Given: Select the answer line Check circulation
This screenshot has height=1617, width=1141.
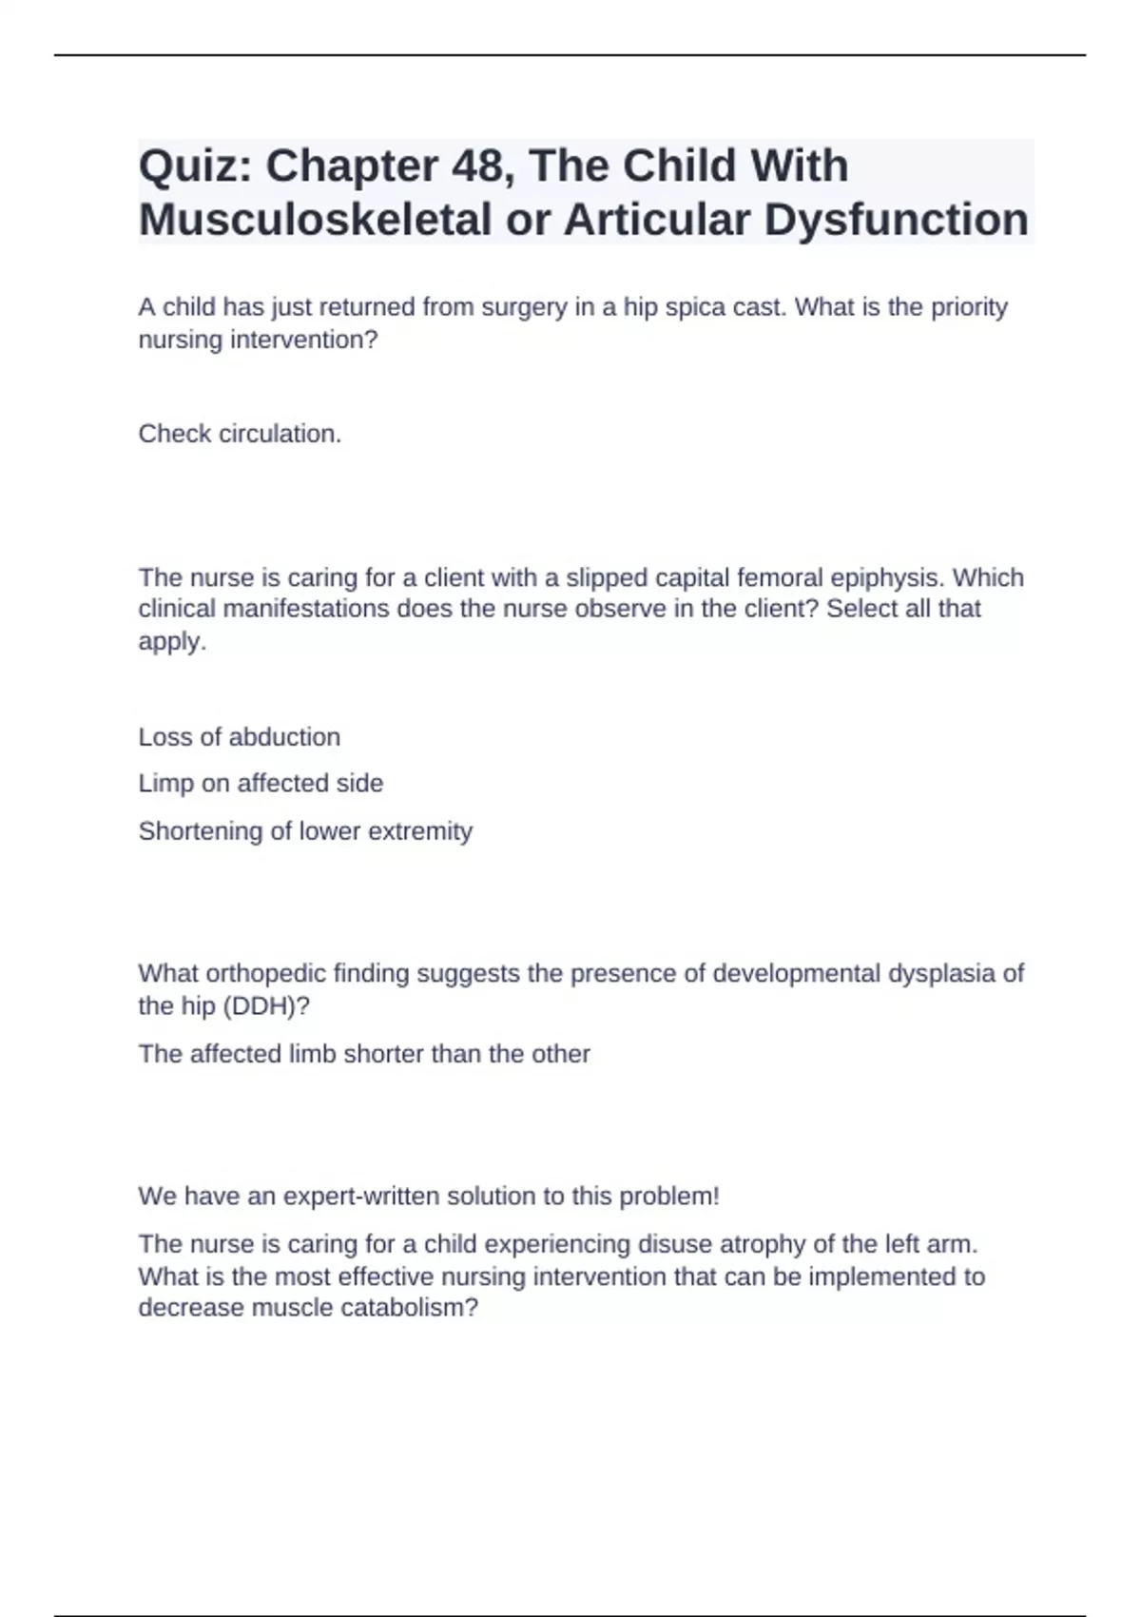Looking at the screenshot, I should point(240,434).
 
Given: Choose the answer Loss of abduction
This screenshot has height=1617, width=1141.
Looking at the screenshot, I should point(239,737).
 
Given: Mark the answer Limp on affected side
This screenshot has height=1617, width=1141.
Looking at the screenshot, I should point(261,784).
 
